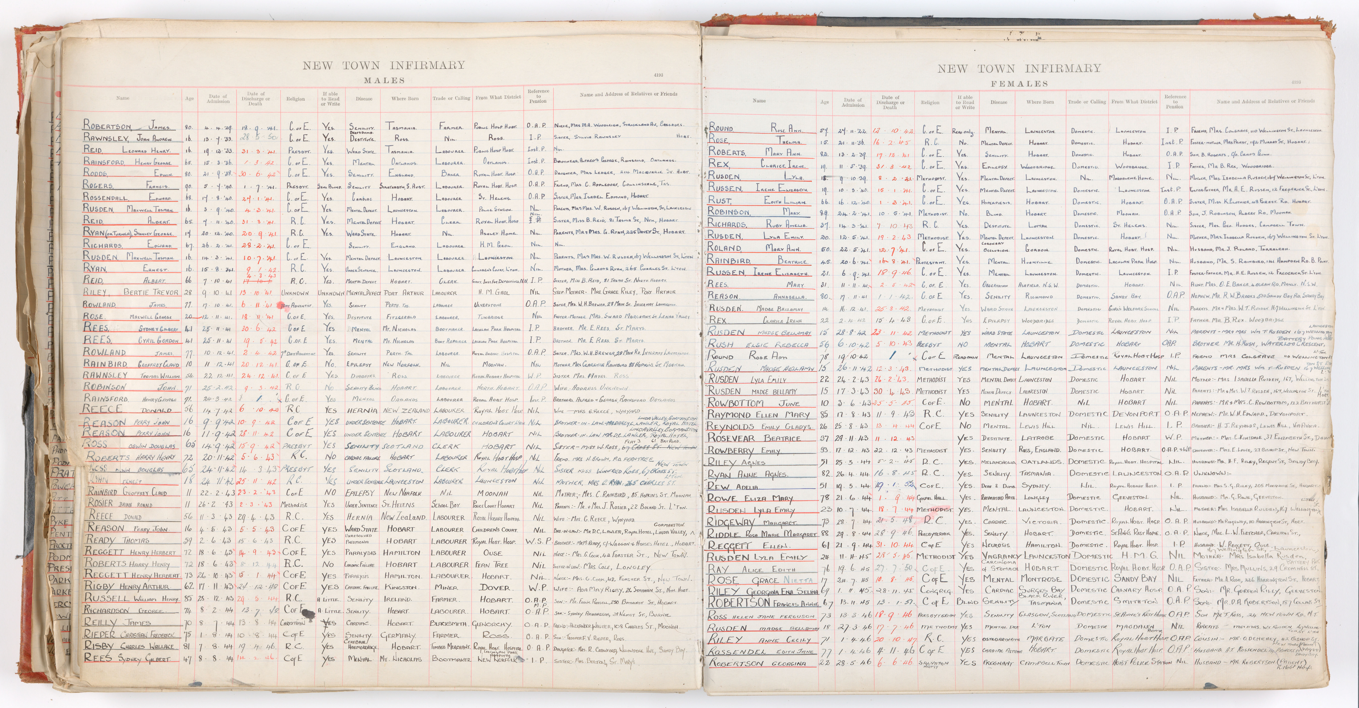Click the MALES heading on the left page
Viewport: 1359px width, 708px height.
384,81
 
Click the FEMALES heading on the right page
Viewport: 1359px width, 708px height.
1019,84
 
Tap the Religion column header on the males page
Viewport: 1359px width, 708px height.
295,99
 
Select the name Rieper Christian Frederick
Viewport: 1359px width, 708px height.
129,635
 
